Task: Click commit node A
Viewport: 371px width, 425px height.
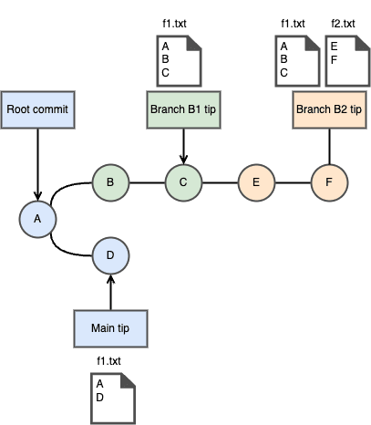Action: (x=37, y=219)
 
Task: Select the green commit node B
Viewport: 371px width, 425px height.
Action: (x=110, y=182)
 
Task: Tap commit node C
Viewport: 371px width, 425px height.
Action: (x=183, y=182)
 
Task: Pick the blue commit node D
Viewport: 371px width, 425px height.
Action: (x=110, y=255)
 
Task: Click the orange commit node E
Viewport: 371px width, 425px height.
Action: (x=256, y=182)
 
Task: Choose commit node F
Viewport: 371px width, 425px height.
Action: (x=329, y=182)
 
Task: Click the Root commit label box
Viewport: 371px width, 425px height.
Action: (x=37, y=109)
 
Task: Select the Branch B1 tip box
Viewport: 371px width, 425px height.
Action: (x=183, y=109)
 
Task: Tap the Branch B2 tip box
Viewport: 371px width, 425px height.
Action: (x=329, y=109)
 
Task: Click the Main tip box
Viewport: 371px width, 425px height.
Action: (x=110, y=328)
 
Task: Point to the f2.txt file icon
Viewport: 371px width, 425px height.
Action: (x=347, y=61)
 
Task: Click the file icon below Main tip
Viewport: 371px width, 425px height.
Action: (x=113, y=399)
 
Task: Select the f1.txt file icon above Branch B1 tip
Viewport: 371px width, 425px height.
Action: (x=179, y=61)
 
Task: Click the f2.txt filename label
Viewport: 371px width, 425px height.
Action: (x=343, y=24)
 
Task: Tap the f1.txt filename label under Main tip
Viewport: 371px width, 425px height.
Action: (x=108, y=361)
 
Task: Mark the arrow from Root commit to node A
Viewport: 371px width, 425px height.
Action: (x=37, y=164)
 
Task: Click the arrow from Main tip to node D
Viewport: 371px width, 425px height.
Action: (x=110, y=292)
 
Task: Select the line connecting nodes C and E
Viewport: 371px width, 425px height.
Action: (x=220, y=182)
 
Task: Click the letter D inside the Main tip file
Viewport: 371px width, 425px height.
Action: (x=99, y=398)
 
